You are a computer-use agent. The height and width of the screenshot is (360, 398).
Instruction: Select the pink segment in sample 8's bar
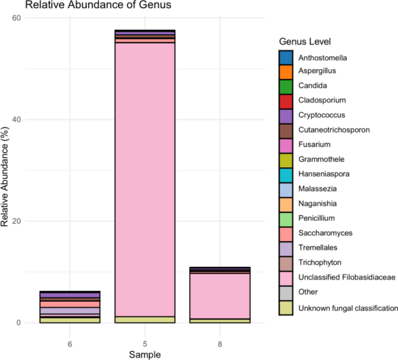[x=220, y=296]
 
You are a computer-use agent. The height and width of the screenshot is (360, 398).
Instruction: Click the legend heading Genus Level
[x=305, y=42]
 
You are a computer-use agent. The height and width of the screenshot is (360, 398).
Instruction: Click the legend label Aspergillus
[x=317, y=71]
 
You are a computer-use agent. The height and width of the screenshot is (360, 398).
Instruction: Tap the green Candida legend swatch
[x=285, y=85]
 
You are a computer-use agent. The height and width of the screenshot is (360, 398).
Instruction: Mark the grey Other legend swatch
[x=285, y=293]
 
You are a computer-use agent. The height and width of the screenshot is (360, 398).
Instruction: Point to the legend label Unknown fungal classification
[x=348, y=308]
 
